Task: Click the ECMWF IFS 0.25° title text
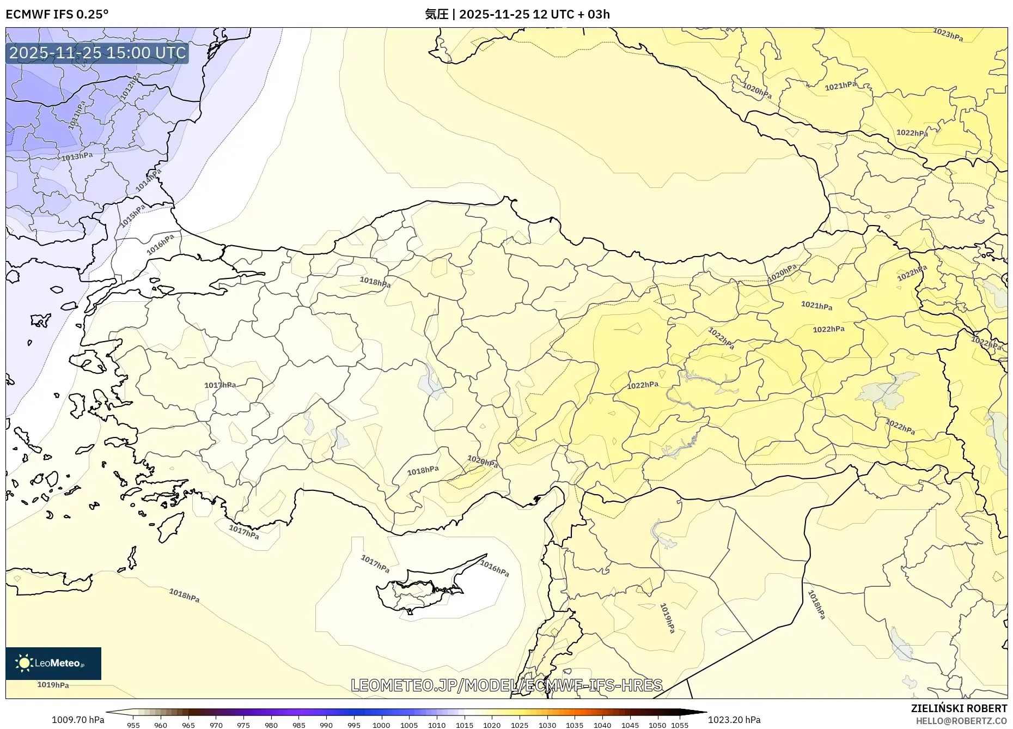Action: [x=57, y=14]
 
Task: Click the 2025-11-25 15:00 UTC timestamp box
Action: [x=97, y=53]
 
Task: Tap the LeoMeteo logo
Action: [x=53, y=663]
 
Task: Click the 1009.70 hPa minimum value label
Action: [x=78, y=720]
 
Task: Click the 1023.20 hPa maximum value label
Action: [x=734, y=720]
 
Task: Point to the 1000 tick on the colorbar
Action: [x=381, y=725]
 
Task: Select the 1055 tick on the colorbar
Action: [x=680, y=725]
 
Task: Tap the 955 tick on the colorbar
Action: [x=133, y=725]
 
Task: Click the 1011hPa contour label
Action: [x=77, y=116]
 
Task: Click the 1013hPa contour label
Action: [x=77, y=157]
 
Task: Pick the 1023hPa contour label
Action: [x=948, y=34]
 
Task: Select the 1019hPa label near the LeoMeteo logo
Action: [x=53, y=685]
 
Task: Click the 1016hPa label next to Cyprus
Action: [x=495, y=568]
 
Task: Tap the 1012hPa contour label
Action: [x=130, y=86]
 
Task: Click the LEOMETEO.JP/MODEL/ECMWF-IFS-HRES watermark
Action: [x=507, y=685]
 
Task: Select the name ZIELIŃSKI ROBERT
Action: [x=959, y=708]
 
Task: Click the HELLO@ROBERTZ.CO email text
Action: [x=961, y=721]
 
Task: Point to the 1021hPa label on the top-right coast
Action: [x=840, y=86]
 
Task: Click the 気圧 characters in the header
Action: [x=436, y=14]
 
